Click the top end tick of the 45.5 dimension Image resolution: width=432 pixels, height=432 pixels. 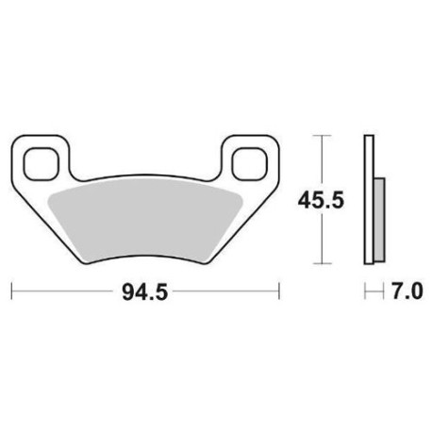coord(323,137)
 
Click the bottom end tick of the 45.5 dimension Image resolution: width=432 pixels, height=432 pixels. coord(323,263)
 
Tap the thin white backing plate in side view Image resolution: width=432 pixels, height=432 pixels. coord(369,200)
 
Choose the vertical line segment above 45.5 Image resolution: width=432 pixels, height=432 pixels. coord(323,160)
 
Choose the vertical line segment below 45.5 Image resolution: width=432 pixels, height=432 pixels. coord(323,241)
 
